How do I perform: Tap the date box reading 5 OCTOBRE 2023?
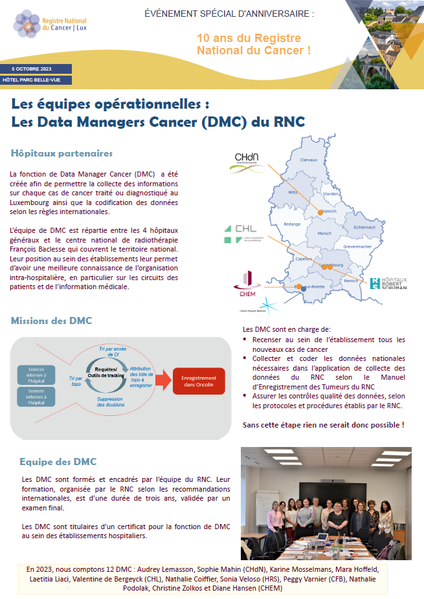tap(36, 69)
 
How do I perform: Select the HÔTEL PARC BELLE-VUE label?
tap(36, 80)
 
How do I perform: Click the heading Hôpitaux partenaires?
tap(61, 153)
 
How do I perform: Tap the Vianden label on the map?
tap(331, 194)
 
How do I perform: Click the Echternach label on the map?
tap(365, 226)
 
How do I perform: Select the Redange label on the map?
tap(293, 224)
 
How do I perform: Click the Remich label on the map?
tap(351, 280)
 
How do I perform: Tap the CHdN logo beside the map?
tap(246, 162)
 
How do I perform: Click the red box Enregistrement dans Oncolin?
tap(198, 380)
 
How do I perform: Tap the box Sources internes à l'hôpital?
tap(36, 375)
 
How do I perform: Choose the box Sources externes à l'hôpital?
tap(36, 396)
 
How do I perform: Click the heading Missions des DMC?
tap(51, 321)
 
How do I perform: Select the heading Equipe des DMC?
tap(58, 461)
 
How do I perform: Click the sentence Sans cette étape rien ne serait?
tap(323, 424)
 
